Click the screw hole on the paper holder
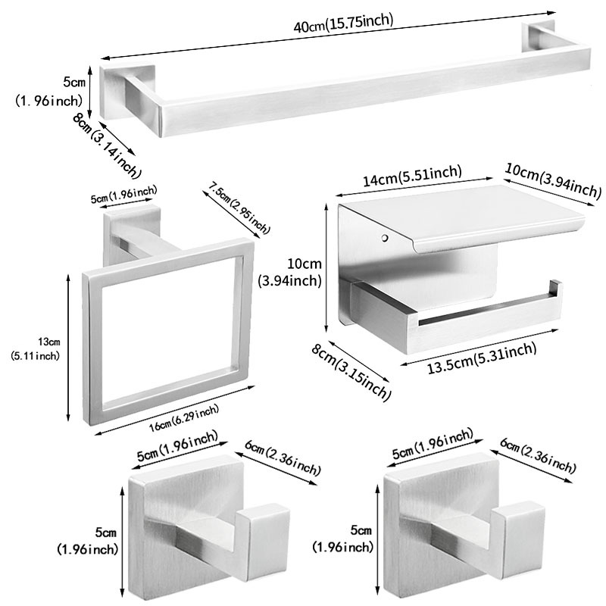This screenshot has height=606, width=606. [x=386, y=239]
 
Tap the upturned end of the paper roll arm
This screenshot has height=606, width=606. [x=556, y=291]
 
